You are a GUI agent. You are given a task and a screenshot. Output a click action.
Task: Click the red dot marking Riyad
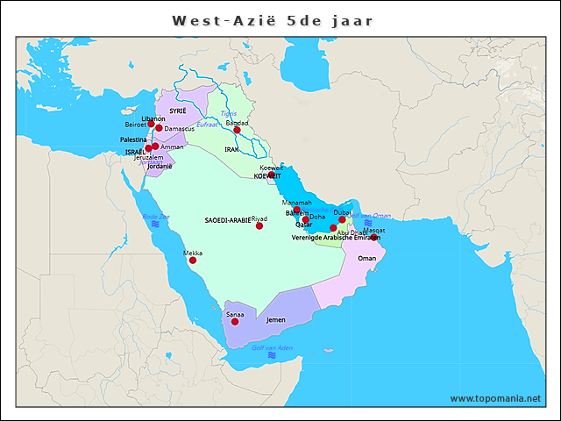(x=259, y=226)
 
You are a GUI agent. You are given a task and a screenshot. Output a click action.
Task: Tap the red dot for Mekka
(x=193, y=260)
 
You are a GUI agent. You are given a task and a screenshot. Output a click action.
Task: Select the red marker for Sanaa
(x=235, y=322)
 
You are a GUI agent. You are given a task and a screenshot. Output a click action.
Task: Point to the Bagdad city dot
(x=237, y=130)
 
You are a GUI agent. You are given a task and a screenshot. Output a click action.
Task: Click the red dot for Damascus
(x=159, y=128)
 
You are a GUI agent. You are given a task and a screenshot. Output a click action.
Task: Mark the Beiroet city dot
(x=151, y=125)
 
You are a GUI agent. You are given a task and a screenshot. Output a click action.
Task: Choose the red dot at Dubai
(x=343, y=219)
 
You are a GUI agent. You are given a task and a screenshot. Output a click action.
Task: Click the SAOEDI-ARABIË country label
(x=227, y=220)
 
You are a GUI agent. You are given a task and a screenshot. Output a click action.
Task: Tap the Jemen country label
(x=276, y=321)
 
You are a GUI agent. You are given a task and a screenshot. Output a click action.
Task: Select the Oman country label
(x=367, y=258)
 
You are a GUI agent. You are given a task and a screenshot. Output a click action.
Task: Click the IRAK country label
(x=231, y=150)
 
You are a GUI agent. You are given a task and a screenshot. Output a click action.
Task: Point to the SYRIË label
(x=178, y=111)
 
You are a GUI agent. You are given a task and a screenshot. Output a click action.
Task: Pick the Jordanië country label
(x=160, y=166)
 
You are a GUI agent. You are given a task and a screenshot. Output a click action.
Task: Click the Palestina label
(x=133, y=139)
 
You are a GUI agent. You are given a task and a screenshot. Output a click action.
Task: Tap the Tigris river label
(x=228, y=113)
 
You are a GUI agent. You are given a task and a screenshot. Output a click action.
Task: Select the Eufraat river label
(x=207, y=125)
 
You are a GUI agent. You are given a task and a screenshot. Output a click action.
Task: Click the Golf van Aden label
(x=272, y=348)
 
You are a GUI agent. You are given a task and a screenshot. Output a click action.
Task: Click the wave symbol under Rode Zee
(x=155, y=225)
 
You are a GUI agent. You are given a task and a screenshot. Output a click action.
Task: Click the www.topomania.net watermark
(x=495, y=398)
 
